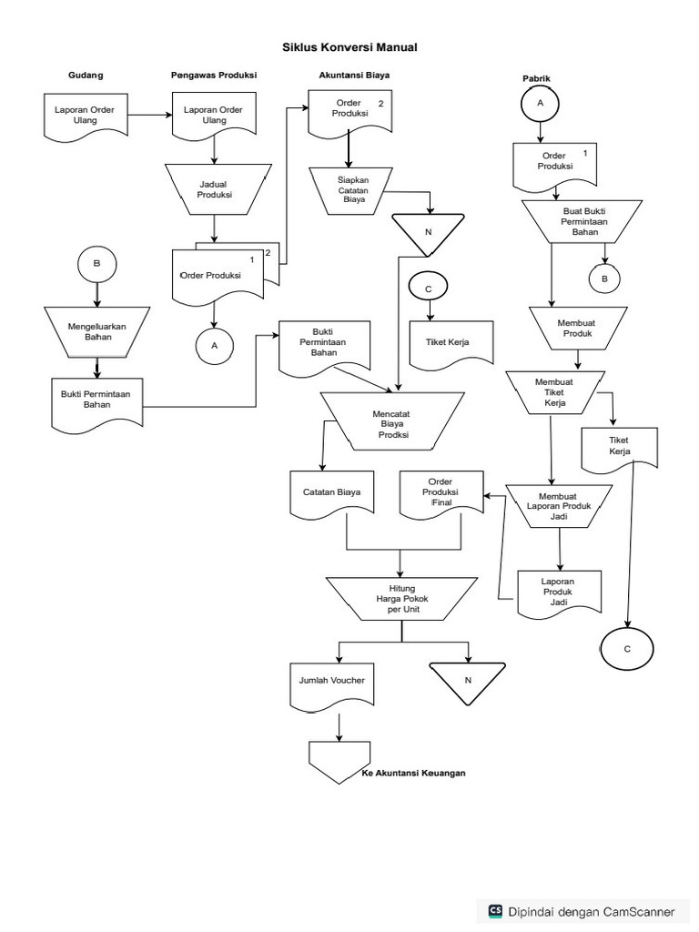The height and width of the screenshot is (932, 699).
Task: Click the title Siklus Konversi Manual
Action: (x=350, y=46)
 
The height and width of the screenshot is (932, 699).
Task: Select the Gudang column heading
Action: (x=86, y=75)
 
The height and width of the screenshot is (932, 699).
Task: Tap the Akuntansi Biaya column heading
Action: (x=354, y=75)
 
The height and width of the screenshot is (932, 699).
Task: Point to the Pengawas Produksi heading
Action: (x=213, y=75)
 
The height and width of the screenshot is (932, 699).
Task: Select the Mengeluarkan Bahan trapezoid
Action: (x=96, y=330)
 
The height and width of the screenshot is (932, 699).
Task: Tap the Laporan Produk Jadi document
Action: (x=558, y=592)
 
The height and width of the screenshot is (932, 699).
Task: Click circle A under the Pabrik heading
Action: (x=540, y=104)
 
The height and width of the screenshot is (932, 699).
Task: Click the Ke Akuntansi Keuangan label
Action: (x=407, y=774)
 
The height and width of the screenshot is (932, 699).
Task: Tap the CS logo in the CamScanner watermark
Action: (x=496, y=910)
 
